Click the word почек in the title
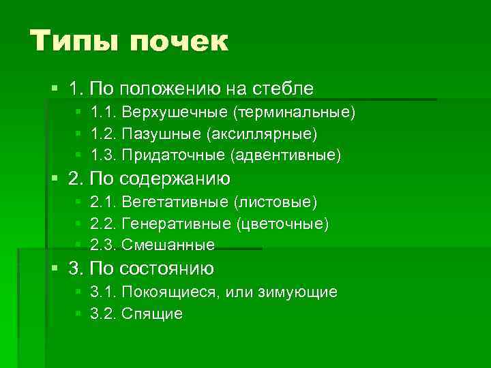click(179, 42)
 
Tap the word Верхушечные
click(175, 112)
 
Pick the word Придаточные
click(173, 155)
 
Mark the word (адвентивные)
click(286, 155)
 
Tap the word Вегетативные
click(175, 202)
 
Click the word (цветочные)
click(282, 224)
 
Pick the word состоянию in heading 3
click(167, 269)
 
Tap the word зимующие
click(299, 292)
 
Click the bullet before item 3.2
click(79, 313)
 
